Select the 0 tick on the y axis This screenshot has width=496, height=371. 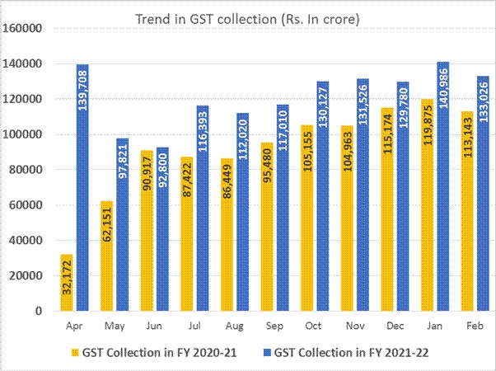click(38, 312)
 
